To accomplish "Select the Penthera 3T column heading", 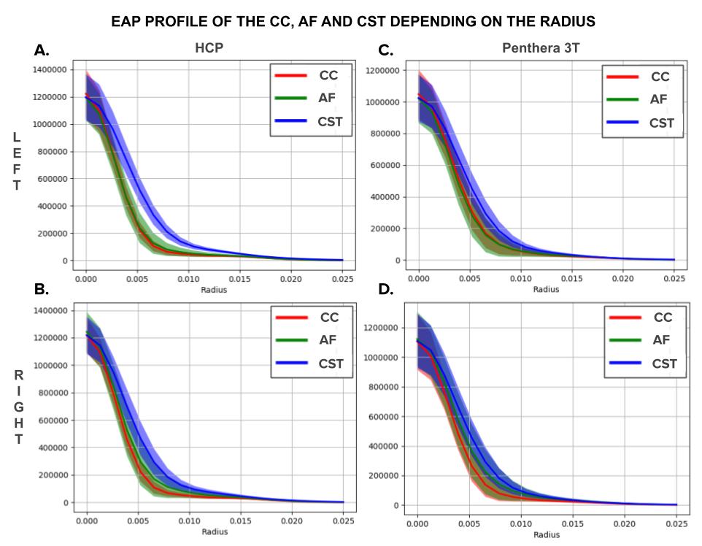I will pos(541,49).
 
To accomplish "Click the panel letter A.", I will pos(42,50).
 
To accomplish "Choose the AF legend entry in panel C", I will pos(659,99).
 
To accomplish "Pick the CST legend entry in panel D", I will pos(663,364).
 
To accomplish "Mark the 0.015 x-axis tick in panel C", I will pos(571,278).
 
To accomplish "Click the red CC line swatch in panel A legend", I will pos(290,75).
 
